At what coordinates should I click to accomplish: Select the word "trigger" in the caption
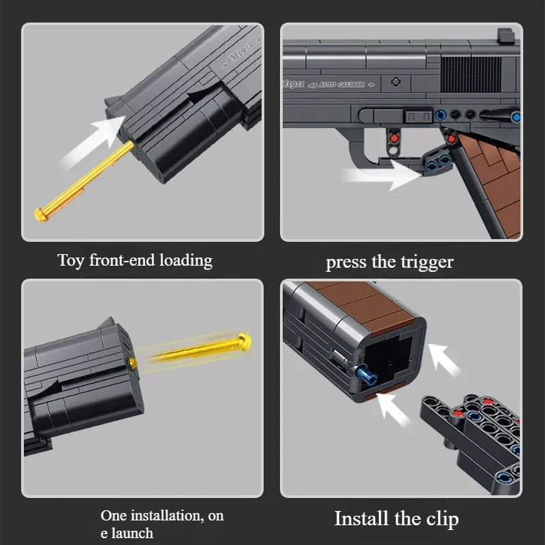pos(426,262)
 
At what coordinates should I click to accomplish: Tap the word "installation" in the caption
pos(163,516)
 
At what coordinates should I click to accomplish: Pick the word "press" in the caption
pos(347,262)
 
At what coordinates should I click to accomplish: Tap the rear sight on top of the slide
pos(505,35)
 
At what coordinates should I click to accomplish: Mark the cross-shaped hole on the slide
pos(395,80)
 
